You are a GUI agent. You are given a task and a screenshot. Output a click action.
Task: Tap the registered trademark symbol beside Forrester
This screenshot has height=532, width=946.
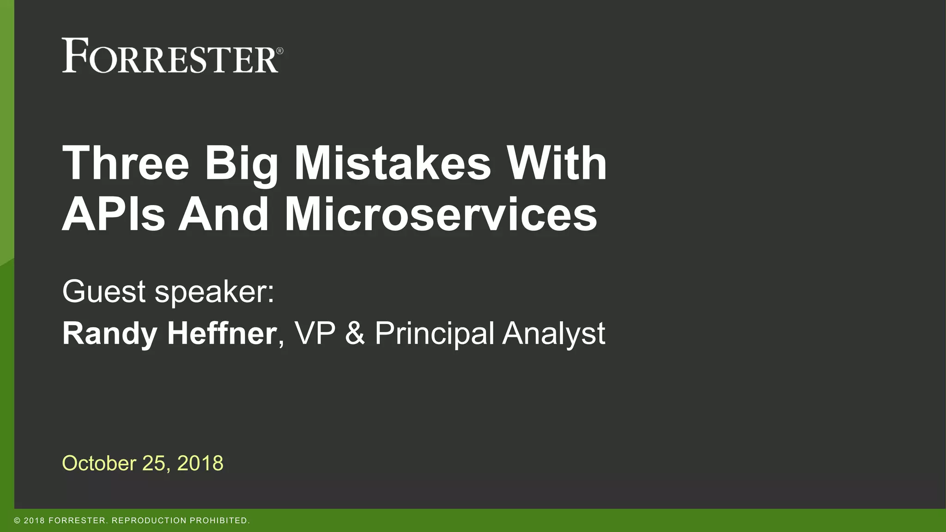[x=279, y=51]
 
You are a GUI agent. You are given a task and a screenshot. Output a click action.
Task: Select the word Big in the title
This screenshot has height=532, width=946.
[x=242, y=165]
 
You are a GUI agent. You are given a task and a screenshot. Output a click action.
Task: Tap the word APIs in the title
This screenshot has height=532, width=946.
[x=114, y=215]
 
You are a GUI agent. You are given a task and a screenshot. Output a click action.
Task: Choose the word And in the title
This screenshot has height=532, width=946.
[x=224, y=215]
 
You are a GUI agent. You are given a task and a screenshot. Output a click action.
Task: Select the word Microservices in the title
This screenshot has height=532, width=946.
[x=441, y=215]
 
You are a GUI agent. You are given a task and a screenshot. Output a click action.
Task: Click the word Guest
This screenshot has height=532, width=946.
[x=104, y=291]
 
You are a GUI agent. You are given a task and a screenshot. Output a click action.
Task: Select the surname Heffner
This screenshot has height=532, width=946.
[x=222, y=333]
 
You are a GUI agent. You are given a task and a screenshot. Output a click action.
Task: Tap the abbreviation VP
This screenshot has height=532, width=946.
[x=315, y=333]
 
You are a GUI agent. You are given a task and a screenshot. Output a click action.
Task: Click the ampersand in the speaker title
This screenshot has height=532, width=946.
[x=355, y=333]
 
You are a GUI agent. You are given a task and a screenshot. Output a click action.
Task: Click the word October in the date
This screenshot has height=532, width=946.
[x=99, y=463]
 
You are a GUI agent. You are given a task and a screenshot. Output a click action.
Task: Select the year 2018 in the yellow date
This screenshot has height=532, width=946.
[x=200, y=463]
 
